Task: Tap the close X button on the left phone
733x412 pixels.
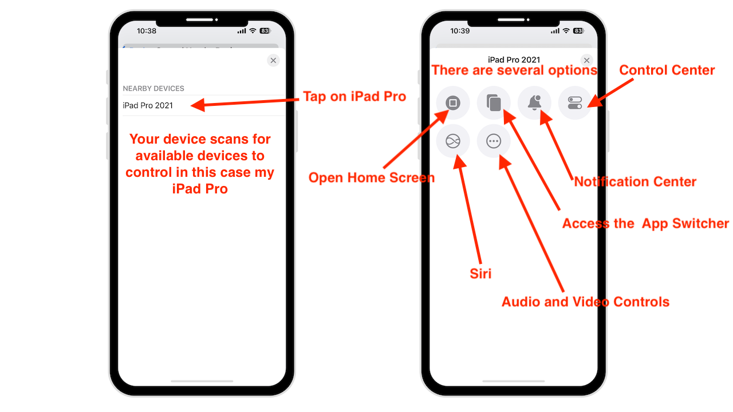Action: pos(273,61)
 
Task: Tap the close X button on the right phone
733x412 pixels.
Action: pos(586,61)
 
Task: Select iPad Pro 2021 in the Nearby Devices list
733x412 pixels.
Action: pos(148,105)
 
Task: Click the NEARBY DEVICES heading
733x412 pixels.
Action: pos(153,88)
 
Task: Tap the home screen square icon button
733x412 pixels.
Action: pos(453,102)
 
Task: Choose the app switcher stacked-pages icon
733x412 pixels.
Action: pos(494,102)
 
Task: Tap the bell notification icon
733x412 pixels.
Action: pos(534,102)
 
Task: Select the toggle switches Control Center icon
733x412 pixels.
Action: pos(574,102)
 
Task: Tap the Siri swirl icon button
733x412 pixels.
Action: pos(453,141)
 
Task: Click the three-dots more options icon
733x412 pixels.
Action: pos(494,141)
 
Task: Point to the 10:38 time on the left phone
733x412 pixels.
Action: pos(147,31)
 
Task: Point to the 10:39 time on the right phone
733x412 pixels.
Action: pos(460,31)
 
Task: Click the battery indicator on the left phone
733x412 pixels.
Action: pos(265,31)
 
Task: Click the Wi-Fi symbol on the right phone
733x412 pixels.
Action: pos(566,31)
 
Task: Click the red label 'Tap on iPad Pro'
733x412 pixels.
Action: pos(354,97)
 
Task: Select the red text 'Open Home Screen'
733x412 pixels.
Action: pos(372,177)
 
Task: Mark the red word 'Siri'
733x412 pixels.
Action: pos(480,274)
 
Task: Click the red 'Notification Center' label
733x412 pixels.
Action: pos(635,182)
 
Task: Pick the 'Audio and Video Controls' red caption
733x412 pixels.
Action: pos(585,302)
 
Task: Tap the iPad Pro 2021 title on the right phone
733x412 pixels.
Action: pos(514,60)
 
